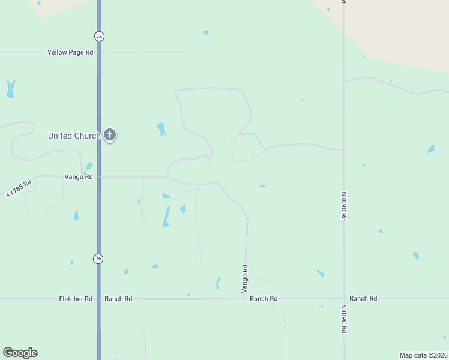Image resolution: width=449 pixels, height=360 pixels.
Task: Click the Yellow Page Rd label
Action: [70, 53]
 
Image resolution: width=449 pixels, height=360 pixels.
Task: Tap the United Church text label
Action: [74, 136]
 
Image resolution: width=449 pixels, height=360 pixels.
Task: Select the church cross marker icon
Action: [109, 134]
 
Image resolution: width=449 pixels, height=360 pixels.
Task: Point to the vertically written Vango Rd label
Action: [245, 279]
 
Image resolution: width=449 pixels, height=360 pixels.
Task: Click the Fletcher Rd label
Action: [76, 299]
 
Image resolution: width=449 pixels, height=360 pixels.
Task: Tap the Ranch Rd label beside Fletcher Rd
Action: [118, 299]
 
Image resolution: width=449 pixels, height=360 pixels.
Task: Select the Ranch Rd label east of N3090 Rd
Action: [363, 298]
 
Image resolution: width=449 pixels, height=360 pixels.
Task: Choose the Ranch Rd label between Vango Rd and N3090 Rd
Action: [264, 299]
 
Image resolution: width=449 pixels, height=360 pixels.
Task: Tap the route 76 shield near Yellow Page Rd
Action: [99, 37]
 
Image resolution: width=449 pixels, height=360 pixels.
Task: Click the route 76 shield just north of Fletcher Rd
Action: [98, 259]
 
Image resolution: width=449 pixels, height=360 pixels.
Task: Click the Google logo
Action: [20, 353]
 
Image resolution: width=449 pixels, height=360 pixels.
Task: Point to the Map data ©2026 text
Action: [424, 355]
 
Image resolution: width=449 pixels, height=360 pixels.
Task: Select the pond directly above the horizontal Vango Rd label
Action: [89, 166]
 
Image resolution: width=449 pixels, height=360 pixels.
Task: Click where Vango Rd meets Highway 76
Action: [99, 177]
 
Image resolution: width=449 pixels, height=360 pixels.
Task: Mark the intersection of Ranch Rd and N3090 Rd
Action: [344, 298]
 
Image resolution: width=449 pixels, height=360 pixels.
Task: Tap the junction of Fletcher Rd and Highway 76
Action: [99, 299]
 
